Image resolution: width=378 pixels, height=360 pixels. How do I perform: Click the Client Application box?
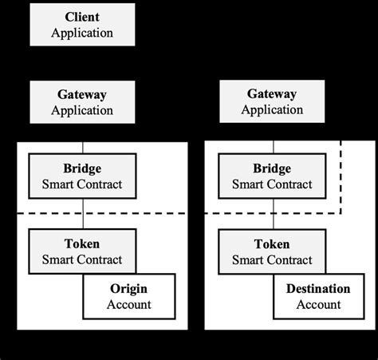tap(82, 24)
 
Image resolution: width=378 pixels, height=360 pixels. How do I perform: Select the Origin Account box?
tap(128, 296)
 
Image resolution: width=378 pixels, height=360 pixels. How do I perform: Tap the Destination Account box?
tap(318, 296)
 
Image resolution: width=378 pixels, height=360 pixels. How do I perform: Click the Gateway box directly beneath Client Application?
tap(82, 102)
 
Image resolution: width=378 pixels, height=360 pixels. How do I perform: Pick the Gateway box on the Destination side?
tap(273, 102)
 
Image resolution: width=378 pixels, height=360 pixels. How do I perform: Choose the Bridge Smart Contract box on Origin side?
tap(82, 177)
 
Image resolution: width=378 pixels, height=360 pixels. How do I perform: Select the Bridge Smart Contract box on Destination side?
tap(273, 177)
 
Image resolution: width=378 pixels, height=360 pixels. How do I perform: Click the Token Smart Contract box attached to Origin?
tap(82, 251)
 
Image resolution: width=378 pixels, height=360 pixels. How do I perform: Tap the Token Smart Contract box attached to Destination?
tap(273, 251)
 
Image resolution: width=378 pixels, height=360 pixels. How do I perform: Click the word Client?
tap(82, 16)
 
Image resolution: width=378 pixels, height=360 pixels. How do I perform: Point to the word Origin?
tap(128, 289)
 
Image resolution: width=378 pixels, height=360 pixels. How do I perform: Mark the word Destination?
tap(318, 289)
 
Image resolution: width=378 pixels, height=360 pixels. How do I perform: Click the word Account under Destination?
tap(318, 304)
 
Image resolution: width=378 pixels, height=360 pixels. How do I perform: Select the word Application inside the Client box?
tap(82, 33)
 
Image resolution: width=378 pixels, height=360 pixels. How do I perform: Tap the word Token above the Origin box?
tap(82, 244)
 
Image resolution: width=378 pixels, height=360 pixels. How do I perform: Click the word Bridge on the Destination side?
tap(273, 170)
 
